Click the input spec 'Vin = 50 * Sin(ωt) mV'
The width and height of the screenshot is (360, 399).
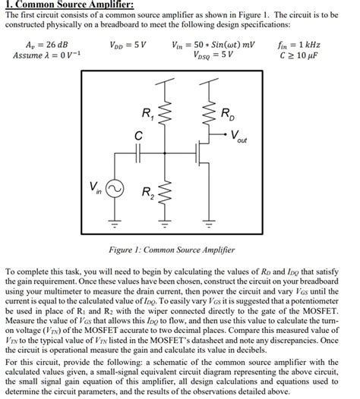(x=223, y=44)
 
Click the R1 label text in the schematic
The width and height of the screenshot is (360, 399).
(x=147, y=115)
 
